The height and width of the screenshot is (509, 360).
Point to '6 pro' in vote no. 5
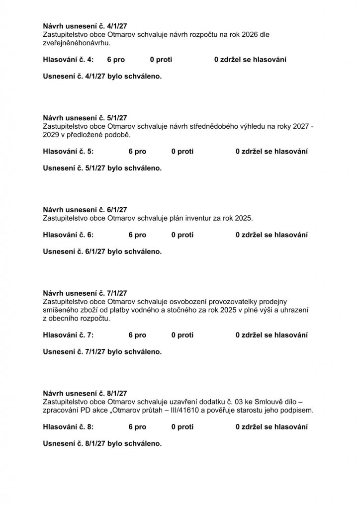pyautogui.click(x=137, y=151)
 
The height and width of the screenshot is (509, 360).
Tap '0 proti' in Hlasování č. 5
pyautogui.click(x=182, y=151)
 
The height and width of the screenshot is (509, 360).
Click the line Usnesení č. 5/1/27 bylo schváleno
pyautogui.click(x=102, y=168)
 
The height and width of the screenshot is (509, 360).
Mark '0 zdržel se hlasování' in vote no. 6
pyautogui.click(x=271, y=235)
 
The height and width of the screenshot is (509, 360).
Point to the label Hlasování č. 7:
pyautogui.click(x=68, y=335)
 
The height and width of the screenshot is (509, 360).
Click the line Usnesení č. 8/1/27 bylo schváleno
pyautogui.click(x=102, y=443)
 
